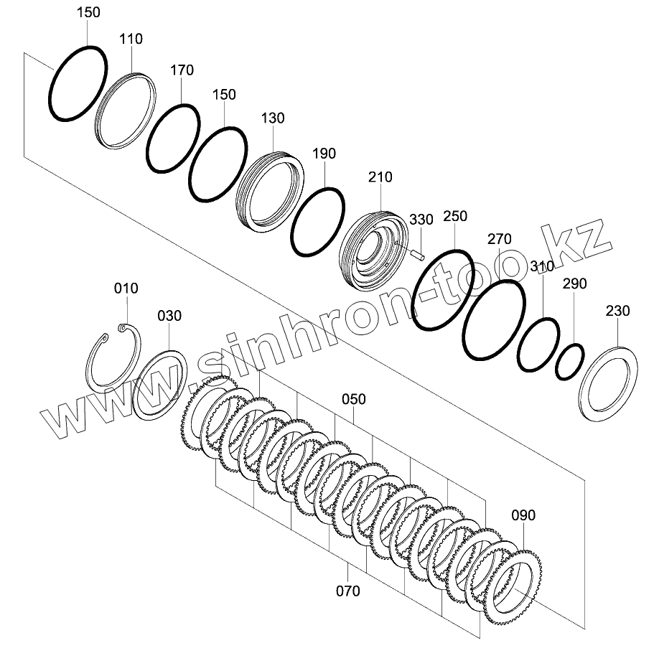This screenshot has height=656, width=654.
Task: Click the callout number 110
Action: click(x=131, y=39)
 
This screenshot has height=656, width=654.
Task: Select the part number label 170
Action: click(x=182, y=70)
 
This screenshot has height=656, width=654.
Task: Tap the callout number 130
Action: click(x=273, y=118)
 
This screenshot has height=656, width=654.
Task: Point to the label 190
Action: click(x=324, y=154)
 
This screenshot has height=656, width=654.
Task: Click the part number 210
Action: click(x=380, y=177)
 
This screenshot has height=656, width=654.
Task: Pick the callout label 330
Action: click(x=421, y=219)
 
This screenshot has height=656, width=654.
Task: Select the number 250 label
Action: click(x=455, y=216)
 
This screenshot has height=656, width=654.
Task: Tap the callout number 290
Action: click(x=574, y=284)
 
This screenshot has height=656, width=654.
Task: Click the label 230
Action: click(x=617, y=311)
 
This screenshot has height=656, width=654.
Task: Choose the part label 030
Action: click(x=169, y=315)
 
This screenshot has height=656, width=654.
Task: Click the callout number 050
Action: click(x=353, y=399)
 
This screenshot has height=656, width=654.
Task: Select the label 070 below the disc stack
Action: click(x=347, y=591)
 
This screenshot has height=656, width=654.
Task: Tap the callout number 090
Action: click(x=523, y=515)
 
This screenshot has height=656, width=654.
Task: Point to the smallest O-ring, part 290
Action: click(x=569, y=360)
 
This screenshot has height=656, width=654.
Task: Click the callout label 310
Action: click(x=542, y=267)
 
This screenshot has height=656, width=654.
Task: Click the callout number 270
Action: click(x=499, y=239)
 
